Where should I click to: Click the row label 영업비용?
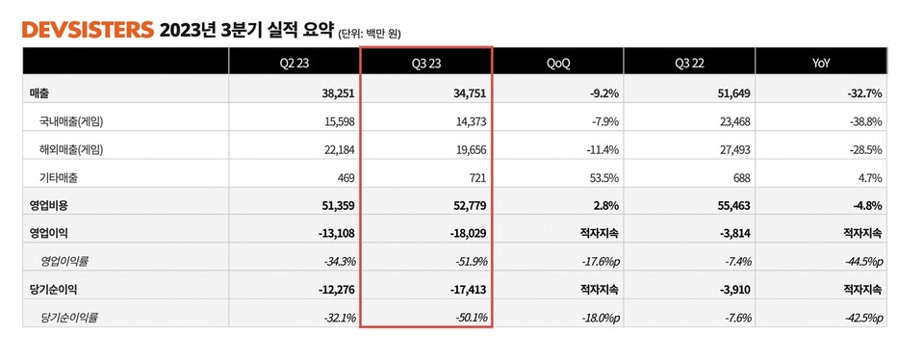50,205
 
